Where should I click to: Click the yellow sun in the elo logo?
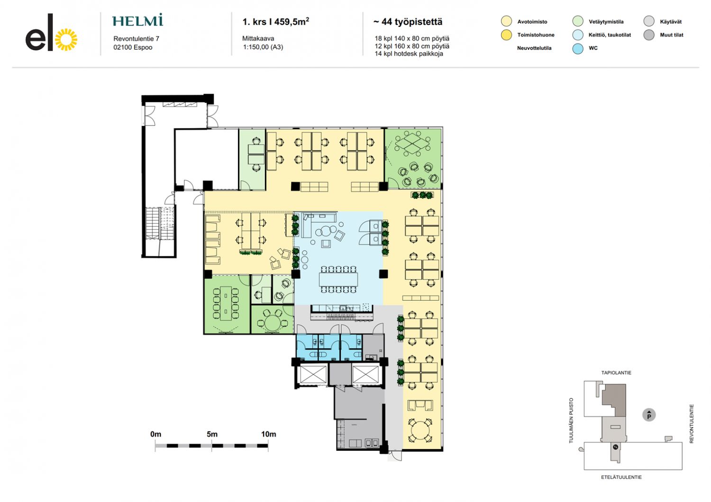66,40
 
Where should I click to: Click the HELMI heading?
138,20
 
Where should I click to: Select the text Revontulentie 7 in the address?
136,39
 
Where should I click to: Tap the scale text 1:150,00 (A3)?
263,47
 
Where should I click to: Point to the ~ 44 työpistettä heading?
408,22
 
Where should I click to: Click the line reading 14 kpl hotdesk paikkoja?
409,54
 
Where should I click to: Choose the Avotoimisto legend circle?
506,21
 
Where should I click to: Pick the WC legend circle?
578,48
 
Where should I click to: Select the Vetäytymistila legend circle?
578,21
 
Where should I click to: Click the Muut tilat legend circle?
649,35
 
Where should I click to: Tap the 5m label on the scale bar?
212,434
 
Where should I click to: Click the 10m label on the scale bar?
269,434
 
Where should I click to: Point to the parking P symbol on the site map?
649,415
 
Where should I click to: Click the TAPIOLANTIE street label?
616,373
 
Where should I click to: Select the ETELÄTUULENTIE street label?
621,477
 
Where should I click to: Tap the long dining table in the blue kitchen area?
338,279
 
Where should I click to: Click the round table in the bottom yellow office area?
420,430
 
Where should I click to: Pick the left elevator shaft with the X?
313,374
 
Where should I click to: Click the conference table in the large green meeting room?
226,303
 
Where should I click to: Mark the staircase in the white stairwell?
160,223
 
